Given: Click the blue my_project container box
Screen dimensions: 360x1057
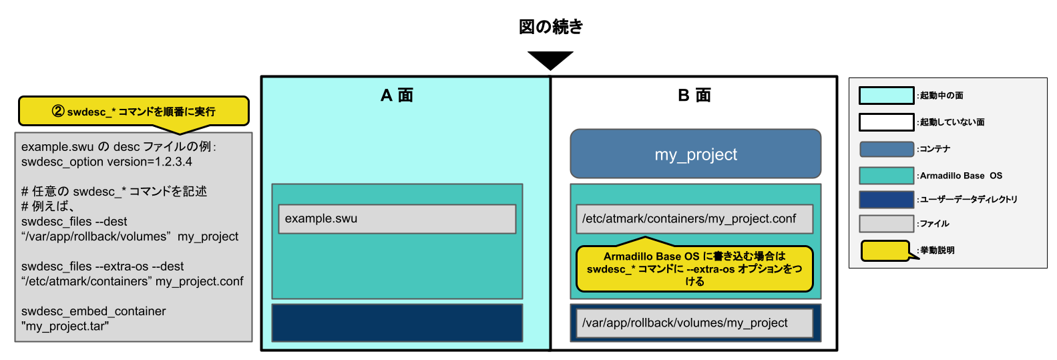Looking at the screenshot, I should pyautogui.click(x=695, y=154).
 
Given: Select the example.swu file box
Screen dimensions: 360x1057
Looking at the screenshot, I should pyautogui.click(x=397, y=219).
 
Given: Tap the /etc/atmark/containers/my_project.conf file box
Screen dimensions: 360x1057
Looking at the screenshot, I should pyautogui.click(x=694, y=219).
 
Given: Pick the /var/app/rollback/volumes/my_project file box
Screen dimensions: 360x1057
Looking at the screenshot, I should pyautogui.click(x=694, y=323).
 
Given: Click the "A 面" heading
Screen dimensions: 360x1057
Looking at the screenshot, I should pyautogui.click(x=397, y=96).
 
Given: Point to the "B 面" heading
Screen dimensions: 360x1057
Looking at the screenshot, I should pyautogui.click(x=694, y=96).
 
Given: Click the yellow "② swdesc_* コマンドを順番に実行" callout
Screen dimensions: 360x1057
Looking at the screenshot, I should pyautogui.click(x=134, y=112).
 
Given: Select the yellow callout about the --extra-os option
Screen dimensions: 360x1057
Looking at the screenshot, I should pyautogui.click(x=694, y=268).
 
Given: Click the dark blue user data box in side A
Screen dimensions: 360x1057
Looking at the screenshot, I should pyautogui.click(x=397, y=323).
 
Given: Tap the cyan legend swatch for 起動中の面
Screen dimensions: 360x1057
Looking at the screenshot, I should pyautogui.click(x=886, y=96).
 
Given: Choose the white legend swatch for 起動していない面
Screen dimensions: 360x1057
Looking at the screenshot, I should pyautogui.click(x=886, y=122).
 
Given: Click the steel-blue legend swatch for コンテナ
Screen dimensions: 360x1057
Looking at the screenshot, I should pyautogui.click(x=886, y=149).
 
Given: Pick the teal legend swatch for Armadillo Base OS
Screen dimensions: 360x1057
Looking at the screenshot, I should pyautogui.click(x=886, y=176).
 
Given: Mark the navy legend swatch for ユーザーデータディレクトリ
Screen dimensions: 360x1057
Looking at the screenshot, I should pyautogui.click(x=886, y=199).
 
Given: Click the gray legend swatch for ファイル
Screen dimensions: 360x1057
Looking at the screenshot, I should pyautogui.click(x=886, y=223).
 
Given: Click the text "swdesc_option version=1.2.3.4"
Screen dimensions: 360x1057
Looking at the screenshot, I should pyautogui.click(x=107, y=162).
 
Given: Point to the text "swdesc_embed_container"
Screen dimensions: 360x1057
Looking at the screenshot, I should pyautogui.click(x=93, y=311).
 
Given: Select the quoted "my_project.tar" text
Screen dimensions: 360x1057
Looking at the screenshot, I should pyautogui.click(x=65, y=327).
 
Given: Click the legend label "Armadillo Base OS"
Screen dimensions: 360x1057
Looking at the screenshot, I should pyautogui.click(x=961, y=176).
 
